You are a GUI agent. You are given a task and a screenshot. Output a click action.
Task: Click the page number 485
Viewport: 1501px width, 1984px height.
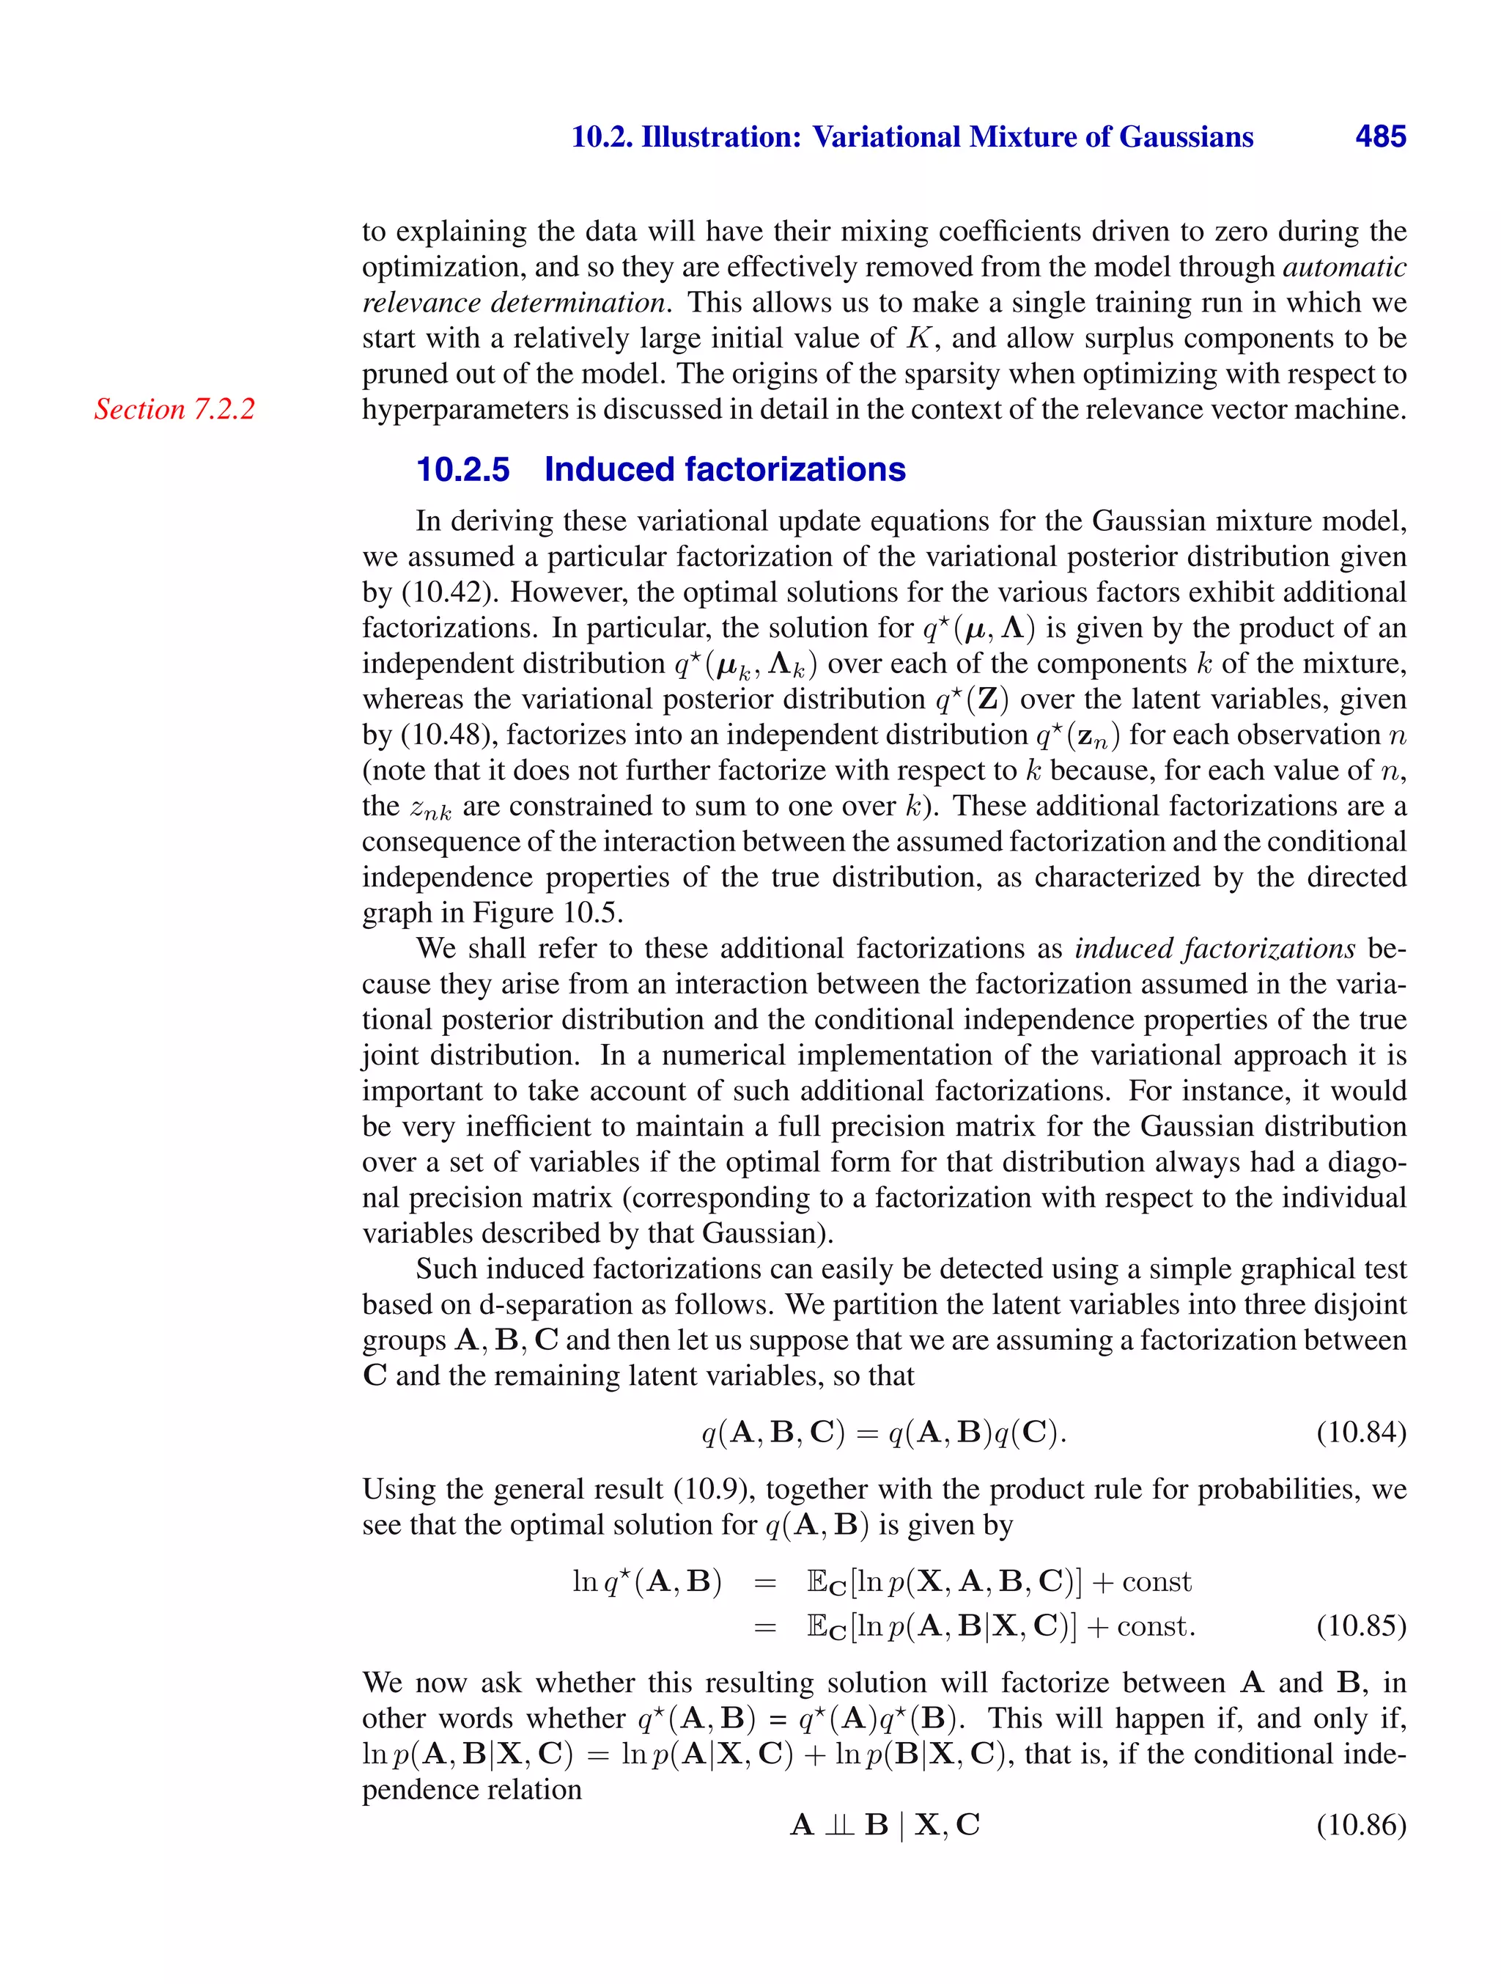click(1380, 136)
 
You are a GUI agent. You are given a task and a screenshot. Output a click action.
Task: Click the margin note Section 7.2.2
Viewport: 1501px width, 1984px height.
click(175, 409)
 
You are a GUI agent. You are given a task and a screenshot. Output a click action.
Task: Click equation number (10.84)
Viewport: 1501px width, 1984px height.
click(1360, 1433)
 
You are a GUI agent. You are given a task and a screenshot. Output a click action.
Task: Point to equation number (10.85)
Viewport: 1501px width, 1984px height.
click(1360, 1625)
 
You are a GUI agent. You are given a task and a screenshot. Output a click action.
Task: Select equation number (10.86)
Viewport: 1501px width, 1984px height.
click(1360, 1824)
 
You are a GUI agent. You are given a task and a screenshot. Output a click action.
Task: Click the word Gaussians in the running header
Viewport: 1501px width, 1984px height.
click(1187, 136)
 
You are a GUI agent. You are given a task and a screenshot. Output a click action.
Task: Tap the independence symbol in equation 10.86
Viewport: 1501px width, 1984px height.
click(839, 1824)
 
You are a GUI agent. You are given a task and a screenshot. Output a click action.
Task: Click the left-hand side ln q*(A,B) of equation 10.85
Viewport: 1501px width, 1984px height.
click(646, 1581)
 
